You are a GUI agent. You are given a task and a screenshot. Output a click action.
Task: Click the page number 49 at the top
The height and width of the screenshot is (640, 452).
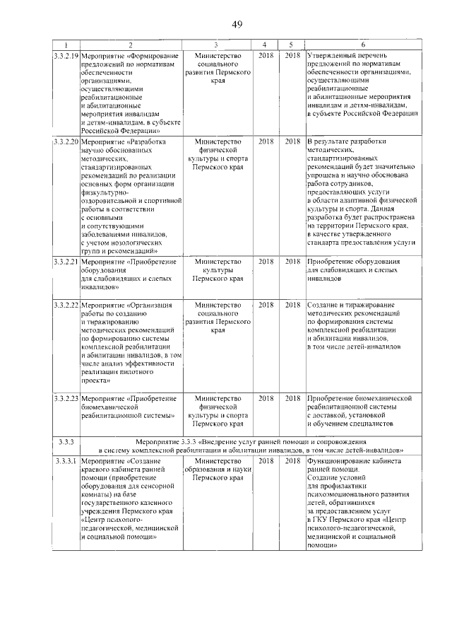point(237,25)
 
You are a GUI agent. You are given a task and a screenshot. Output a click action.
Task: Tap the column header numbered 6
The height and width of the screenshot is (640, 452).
point(363,45)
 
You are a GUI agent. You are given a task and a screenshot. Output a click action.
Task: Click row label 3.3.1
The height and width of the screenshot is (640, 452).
point(65,461)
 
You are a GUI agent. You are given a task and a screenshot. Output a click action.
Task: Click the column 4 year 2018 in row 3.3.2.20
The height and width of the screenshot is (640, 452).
point(265,141)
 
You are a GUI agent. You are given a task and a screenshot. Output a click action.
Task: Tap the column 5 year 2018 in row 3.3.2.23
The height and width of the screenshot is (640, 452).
point(292,398)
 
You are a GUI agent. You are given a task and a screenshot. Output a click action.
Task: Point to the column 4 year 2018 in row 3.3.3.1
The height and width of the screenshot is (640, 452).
point(265,461)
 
